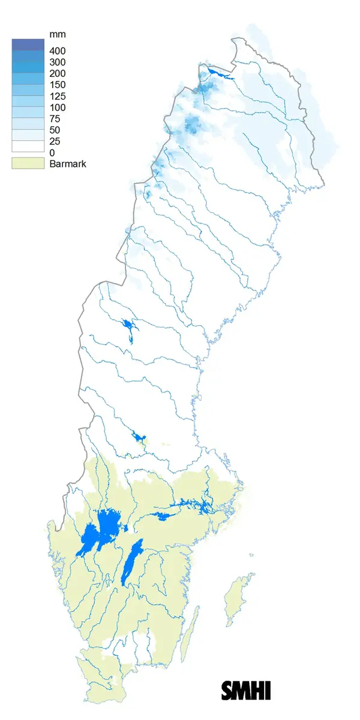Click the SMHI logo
pos(246,689)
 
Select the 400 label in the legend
pos(58,50)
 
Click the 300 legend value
pos(58,62)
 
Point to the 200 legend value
pos(58,73)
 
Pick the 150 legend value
pos(58,85)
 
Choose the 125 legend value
pos(58,96)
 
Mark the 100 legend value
pos(58,107)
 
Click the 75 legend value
pos(56,119)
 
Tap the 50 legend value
pos(56,130)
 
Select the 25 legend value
pos(56,142)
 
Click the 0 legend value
pos(53,153)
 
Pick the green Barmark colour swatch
pos(28,163)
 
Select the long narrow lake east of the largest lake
pos(131,561)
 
